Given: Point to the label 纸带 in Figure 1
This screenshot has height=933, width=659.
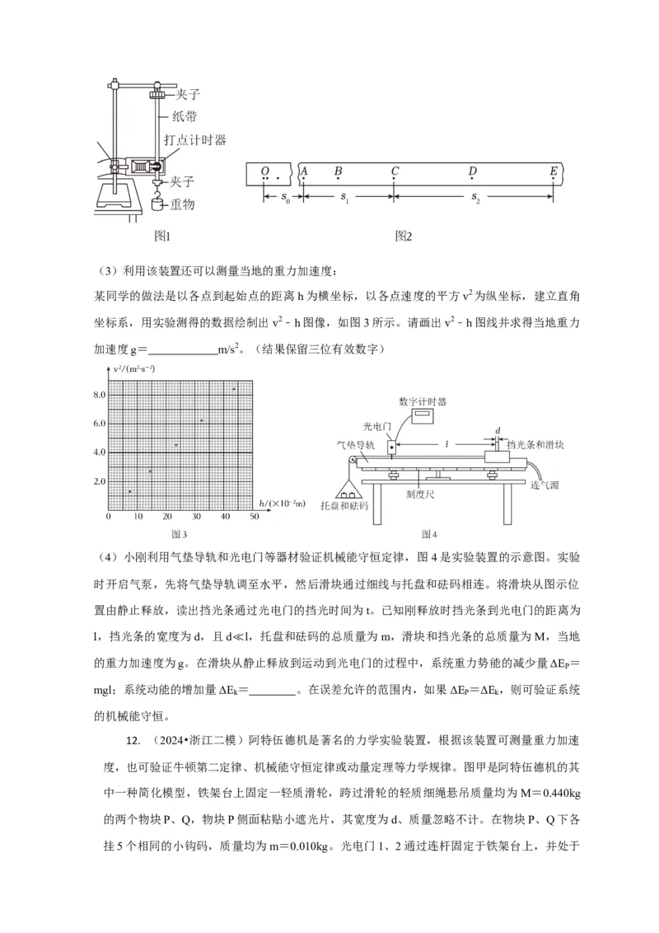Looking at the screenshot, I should (x=184, y=117).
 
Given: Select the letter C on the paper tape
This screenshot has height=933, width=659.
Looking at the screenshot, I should (x=395, y=171).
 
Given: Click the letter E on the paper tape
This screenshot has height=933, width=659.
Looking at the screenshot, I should (x=554, y=171).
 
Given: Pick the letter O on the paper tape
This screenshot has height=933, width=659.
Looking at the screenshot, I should (x=264, y=171).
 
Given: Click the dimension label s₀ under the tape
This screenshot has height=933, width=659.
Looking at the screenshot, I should (x=284, y=199).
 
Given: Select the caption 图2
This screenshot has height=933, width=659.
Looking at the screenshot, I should (x=403, y=237).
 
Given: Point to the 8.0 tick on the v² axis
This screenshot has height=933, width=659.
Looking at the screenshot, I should (x=99, y=395).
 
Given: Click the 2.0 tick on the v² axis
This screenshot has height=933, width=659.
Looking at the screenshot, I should (x=99, y=481).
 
